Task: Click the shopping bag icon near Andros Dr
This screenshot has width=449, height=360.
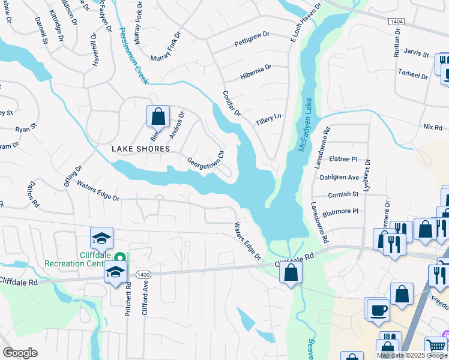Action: (x=158, y=115)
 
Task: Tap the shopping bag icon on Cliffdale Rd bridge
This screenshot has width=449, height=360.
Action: (x=291, y=272)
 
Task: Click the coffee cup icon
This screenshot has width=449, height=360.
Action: (x=378, y=310)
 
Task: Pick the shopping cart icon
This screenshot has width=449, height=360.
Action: (x=436, y=346)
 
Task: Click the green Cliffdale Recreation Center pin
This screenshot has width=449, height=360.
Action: (x=119, y=257)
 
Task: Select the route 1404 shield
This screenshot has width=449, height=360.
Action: (x=396, y=21)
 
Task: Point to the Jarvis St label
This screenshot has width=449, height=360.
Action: (x=417, y=54)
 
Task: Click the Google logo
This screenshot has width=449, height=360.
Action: (x=20, y=352)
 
